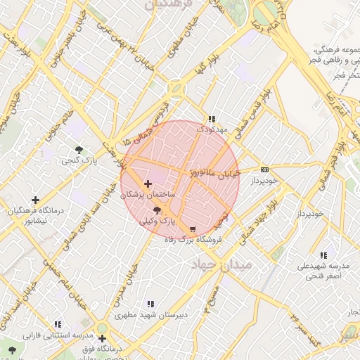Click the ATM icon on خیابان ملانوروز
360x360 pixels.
[x=264, y=169]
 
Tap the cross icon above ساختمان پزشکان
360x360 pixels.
[x=147, y=184]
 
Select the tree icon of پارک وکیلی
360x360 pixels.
[x=156, y=210]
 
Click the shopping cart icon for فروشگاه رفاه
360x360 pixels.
[x=193, y=229]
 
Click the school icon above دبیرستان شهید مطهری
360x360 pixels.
[x=150, y=304]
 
